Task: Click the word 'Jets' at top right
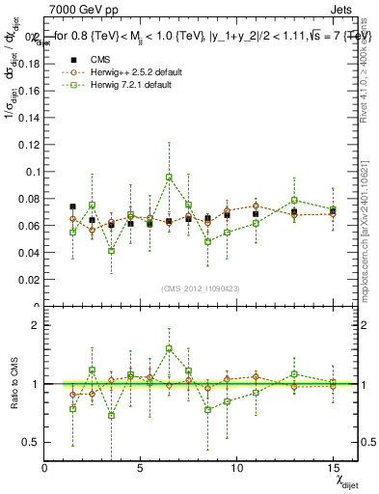click(343, 9)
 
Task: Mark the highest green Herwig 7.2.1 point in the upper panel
click(169, 178)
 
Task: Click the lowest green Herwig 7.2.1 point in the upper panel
click(112, 251)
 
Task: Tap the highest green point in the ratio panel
click(169, 348)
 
